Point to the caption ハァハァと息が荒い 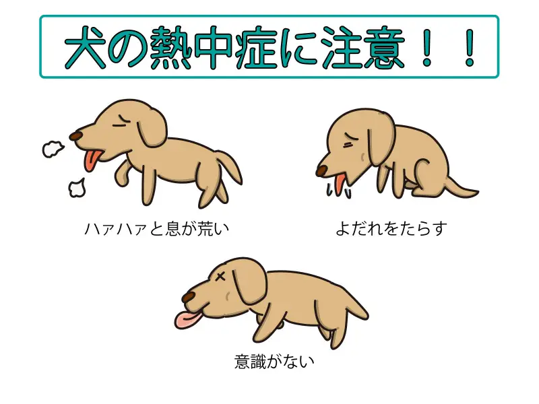click(156, 229)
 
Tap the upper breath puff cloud click(52, 147)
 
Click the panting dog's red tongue click(90, 161)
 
